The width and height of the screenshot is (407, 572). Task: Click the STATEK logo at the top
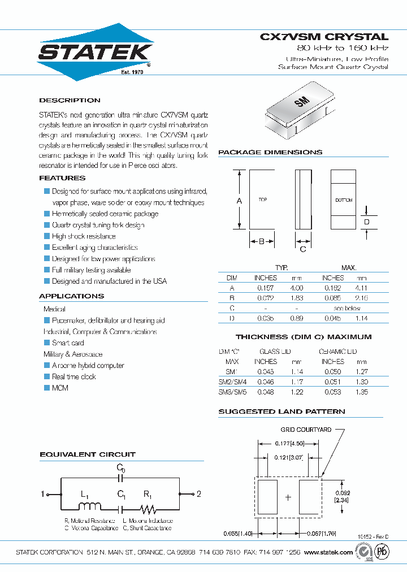coord(94,53)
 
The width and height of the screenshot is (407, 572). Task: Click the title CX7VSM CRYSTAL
coord(324,37)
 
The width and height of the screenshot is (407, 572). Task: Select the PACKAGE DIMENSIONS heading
coord(270,153)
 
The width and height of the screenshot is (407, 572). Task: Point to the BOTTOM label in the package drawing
coord(344,201)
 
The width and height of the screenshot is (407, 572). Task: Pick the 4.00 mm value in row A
coord(297,288)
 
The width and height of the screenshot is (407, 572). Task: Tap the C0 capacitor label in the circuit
coord(121,467)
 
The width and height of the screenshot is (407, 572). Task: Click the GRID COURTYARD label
coord(306,430)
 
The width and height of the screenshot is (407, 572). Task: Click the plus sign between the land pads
coord(288,497)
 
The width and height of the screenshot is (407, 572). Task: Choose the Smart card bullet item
coord(68,343)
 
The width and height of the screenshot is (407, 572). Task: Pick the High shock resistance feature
coord(84,236)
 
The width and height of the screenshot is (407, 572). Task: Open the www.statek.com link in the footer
coord(328,552)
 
